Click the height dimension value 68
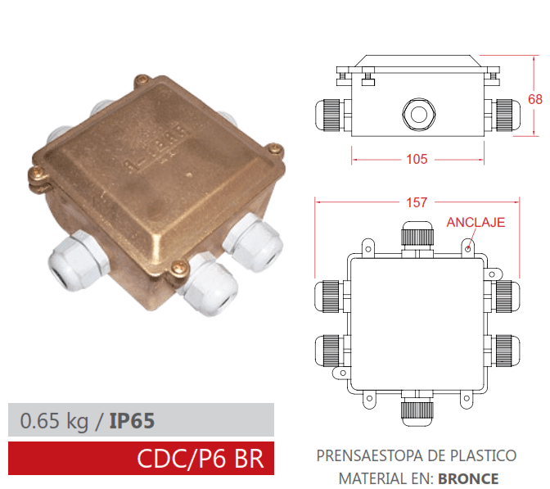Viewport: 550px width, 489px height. pyautogui.click(x=535, y=99)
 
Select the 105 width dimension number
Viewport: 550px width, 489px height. pyautogui.click(x=417, y=159)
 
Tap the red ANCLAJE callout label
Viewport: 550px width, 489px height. pyautogui.click(x=476, y=222)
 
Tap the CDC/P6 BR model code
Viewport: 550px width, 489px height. pyautogui.click(x=201, y=458)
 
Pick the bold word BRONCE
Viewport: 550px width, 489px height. pyautogui.click(x=468, y=478)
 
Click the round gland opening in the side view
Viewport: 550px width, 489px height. pyautogui.click(x=416, y=112)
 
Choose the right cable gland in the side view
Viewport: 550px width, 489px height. pyautogui.click(x=503, y=112)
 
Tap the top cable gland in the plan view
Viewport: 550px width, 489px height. pyautogui.click(x=416, y=235)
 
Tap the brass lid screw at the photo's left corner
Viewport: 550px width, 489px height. pyautogui.click(x=35, y=173)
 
